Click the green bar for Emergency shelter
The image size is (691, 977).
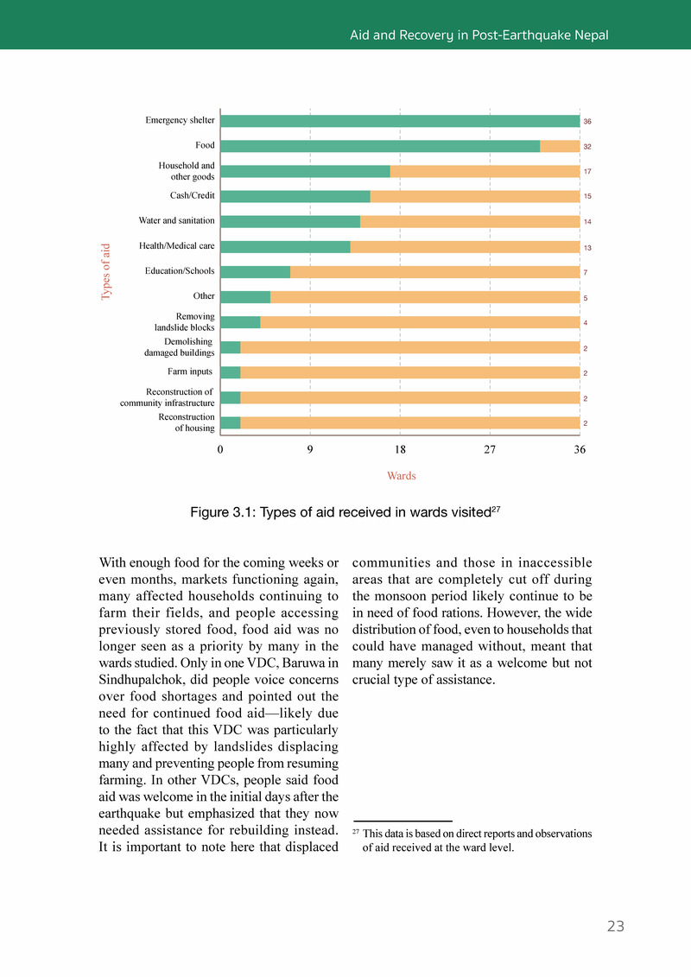(400, 121)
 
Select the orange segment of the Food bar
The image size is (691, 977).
(560, 146)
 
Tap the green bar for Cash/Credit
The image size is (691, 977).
(295, 196)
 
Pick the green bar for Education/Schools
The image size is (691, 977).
(256, 272)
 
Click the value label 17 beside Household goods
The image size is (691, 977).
(587, 172)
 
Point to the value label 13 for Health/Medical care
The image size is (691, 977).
(587, 248)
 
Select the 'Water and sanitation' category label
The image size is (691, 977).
(176, 221)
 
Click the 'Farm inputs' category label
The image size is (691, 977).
(190, 372)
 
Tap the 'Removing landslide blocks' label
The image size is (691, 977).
(184, 322)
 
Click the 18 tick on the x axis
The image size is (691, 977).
(400, 450)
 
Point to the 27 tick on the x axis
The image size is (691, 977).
(490, 450)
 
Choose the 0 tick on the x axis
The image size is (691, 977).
(220, 450)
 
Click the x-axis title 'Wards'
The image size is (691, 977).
(401, 476)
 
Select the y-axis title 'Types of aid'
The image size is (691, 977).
(106, 271)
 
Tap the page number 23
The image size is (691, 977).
(615, 927)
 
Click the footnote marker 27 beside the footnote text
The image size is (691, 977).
(356, 833)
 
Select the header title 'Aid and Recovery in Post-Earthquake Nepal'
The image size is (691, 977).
(479, 35)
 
